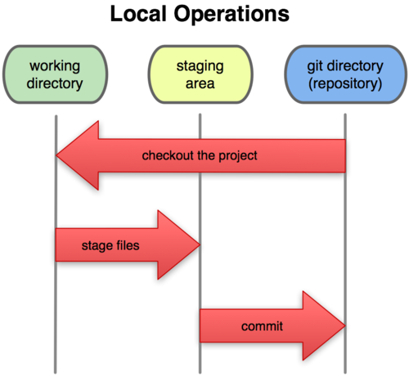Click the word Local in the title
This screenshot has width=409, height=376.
point(138,16)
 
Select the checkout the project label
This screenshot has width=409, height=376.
point(200,155)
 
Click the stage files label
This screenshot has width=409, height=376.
point(109,244)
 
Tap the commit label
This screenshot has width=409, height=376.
point(262,326)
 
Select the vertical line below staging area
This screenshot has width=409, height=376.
point(200,196)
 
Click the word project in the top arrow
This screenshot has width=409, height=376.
point(239,155)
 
